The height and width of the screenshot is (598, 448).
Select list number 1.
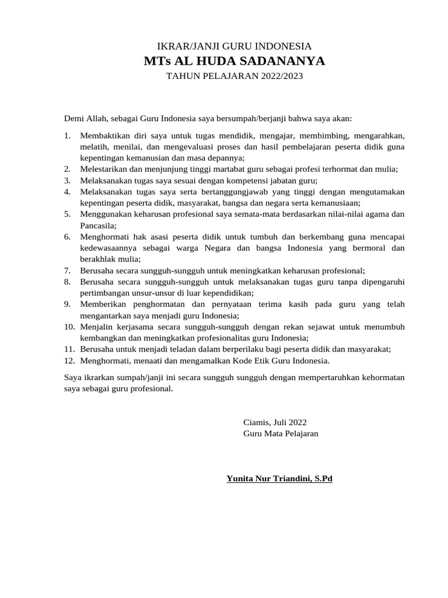(67, 135)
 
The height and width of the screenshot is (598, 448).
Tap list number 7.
(67, 270)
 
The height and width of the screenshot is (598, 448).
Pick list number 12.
(69, 360)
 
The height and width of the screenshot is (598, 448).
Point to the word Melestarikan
(105, 169)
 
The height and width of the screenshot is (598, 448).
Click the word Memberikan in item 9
(103, 304)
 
